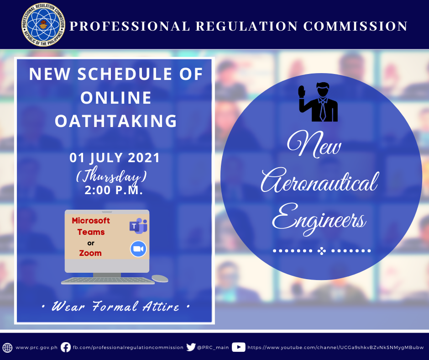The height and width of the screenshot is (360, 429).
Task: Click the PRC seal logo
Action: (x=43, y=25)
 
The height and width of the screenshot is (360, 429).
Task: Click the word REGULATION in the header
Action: (x=246, y=26)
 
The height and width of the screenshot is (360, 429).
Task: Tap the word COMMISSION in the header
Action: (x=356, y=26)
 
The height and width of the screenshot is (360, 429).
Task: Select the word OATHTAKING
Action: (x=116, y=121)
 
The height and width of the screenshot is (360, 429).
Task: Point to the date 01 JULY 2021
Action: (x=115, y=158)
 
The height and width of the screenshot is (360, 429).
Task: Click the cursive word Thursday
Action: (x=111, y=175)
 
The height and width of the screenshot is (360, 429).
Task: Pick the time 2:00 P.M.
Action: (x=114, y=190)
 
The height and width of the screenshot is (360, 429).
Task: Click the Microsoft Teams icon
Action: (x=138, y=226)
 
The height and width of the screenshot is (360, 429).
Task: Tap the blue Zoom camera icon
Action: (x=138, y=249)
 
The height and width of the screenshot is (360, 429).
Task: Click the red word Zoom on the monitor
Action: (x=90, y=253)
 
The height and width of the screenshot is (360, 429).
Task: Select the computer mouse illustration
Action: (x=160, y=278)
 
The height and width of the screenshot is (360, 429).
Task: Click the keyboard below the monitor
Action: (x=108, y=281)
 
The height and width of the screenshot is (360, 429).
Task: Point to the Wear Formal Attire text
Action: (x=115, y=306)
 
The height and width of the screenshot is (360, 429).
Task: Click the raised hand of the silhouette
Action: (x=302, y=91)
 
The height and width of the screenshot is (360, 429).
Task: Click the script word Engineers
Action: (x=319, y=220)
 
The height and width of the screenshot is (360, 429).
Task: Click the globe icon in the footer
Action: (x=7, y=348)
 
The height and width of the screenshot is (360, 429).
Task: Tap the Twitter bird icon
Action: (x=191, y=347)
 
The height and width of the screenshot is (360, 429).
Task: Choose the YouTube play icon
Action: (x=239, y=347)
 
